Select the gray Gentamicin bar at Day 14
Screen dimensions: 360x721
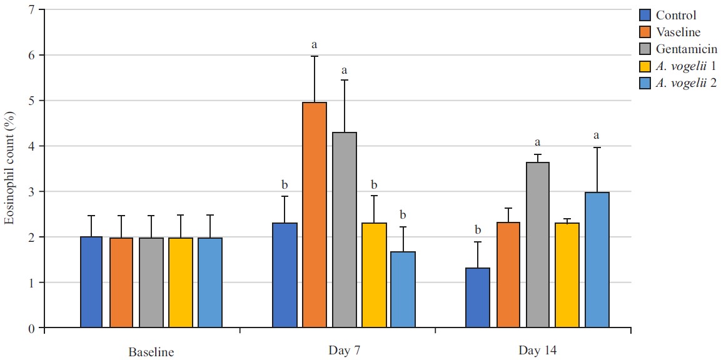coord(538,244)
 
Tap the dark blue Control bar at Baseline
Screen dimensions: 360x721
coord(91,282)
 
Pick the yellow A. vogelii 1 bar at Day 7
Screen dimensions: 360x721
coord(374,275)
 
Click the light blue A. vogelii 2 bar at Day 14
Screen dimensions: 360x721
coord(597,259)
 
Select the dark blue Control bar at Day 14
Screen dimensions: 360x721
coord(478,297)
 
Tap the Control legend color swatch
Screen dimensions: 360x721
coord(646,15)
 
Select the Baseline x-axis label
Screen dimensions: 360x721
coord(151,351)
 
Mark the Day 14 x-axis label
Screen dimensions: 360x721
coord(537,350)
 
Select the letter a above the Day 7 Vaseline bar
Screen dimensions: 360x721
coord(315,44)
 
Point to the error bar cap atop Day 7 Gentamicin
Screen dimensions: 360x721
coord(344,80)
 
